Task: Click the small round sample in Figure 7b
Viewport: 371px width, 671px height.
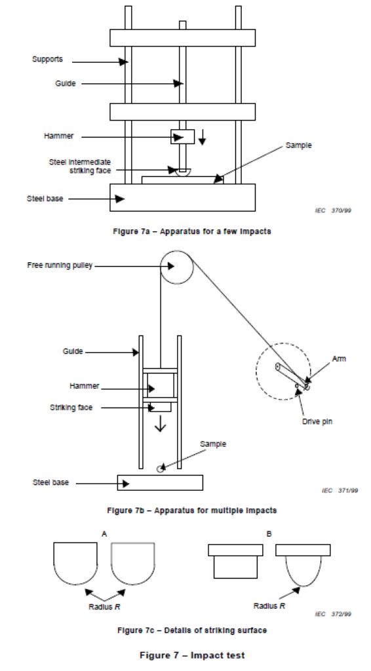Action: [161, 469]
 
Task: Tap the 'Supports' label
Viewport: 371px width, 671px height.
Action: [47, 59]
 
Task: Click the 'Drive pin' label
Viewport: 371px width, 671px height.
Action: [317, 421]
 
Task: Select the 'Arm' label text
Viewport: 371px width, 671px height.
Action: [339, 358]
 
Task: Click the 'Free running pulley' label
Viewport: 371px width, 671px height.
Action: [60, 265]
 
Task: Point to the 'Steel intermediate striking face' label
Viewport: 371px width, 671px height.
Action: [80, 166]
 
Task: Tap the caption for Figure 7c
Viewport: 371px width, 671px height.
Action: [192, 630]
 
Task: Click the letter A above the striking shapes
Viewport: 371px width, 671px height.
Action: [104, 533]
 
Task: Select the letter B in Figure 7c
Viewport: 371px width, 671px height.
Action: [269, 533]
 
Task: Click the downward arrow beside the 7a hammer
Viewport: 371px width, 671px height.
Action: [203, 136]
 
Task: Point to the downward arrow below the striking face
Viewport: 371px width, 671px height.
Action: [160, 424]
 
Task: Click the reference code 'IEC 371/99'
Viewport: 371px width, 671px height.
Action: [340, 490]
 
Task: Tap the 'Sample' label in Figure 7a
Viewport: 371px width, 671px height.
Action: [299, 145]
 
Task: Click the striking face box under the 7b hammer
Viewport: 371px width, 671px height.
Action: [160, 406]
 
